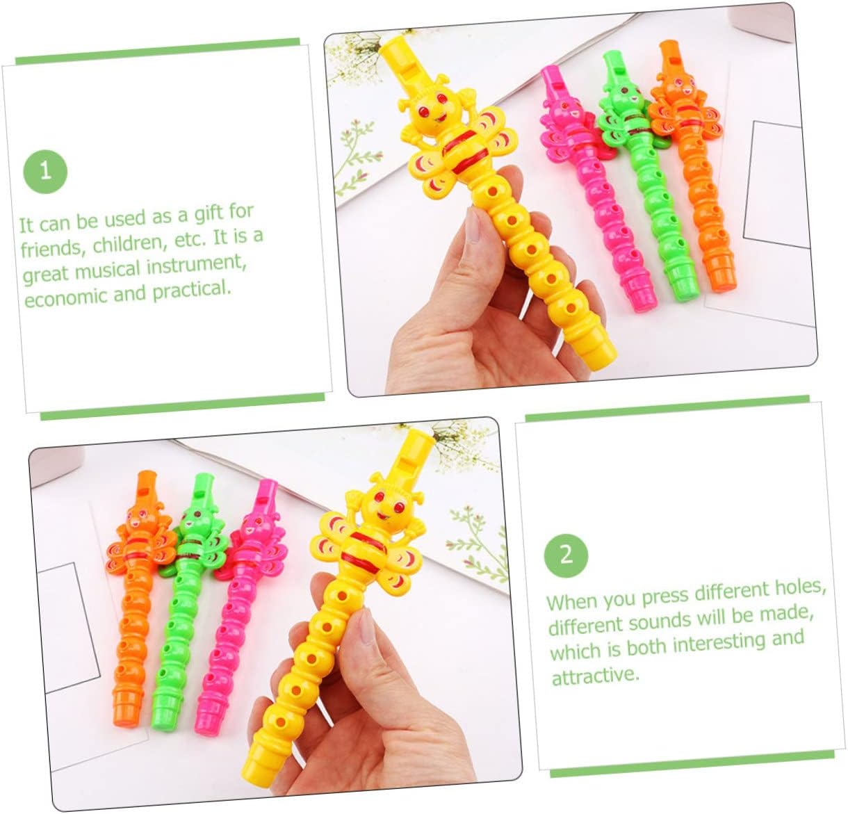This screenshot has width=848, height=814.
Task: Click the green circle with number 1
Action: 45,172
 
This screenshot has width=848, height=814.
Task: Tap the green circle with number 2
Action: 566,555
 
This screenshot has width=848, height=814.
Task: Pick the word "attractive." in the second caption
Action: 595,676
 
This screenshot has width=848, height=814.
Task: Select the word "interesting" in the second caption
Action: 721,642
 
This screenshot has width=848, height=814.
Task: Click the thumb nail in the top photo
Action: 473,225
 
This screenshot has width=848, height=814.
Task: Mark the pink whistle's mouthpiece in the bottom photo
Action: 267,496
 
